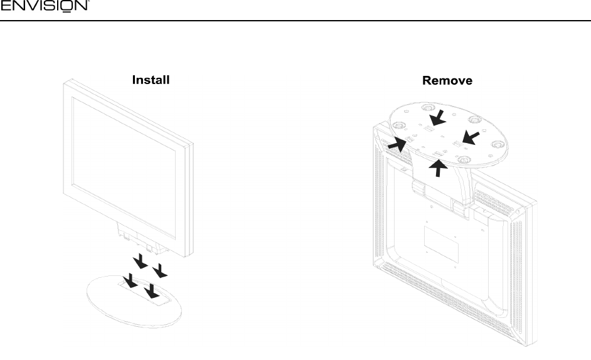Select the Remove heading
pyautogui.click(x=447, y=81)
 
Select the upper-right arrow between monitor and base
pyautogui.click(x=162, y=270)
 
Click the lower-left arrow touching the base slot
pyautogui.click(x=131, y=282)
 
